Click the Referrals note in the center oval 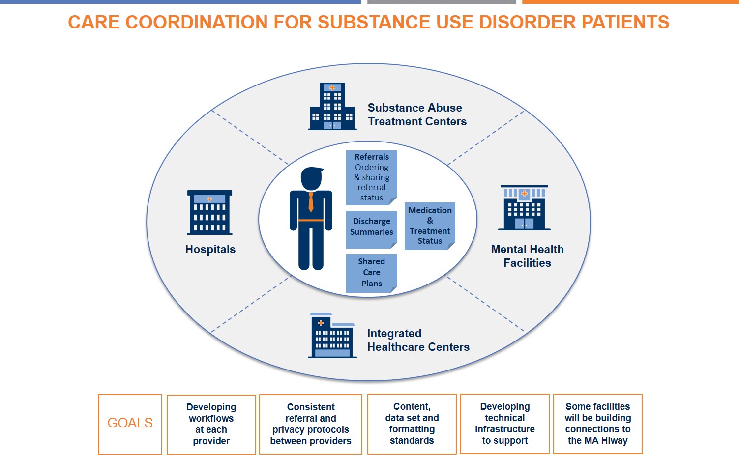[371, 177]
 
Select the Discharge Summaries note [371, 228]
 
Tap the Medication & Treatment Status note [430, 226]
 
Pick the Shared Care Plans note [371, 273]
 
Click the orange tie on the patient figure [311, 201]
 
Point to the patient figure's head [311, 178]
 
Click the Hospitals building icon [210, 212]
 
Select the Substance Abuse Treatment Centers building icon [332, 107]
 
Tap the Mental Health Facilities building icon [524, 208]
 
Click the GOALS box [130, 424]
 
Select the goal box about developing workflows [211, 424]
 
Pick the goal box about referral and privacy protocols [311, 424]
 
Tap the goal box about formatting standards [412, 424]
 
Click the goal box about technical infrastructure [505, 424]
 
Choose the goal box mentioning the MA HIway [598, 424]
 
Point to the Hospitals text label [210, 249]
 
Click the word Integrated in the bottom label [394, 333]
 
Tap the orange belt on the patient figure [311, 220]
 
